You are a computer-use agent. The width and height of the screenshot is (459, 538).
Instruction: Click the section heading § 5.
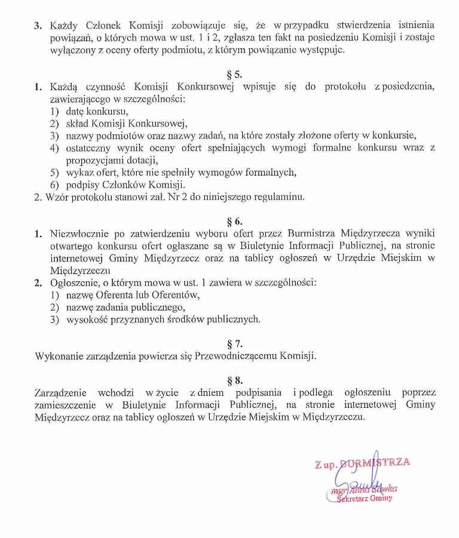[234, 75]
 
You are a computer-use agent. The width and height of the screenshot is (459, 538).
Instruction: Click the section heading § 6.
[234, 221]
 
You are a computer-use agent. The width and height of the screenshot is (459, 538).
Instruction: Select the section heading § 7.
[234, 344]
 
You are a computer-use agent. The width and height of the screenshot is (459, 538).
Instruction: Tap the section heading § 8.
[234, 380]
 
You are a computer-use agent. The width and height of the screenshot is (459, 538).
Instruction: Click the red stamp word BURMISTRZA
[375, 462]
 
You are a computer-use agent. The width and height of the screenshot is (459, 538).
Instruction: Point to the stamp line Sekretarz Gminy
[365, 498]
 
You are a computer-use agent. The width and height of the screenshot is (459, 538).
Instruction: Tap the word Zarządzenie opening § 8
[63, 392]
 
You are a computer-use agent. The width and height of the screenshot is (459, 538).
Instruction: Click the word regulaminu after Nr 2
[280, 197]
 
